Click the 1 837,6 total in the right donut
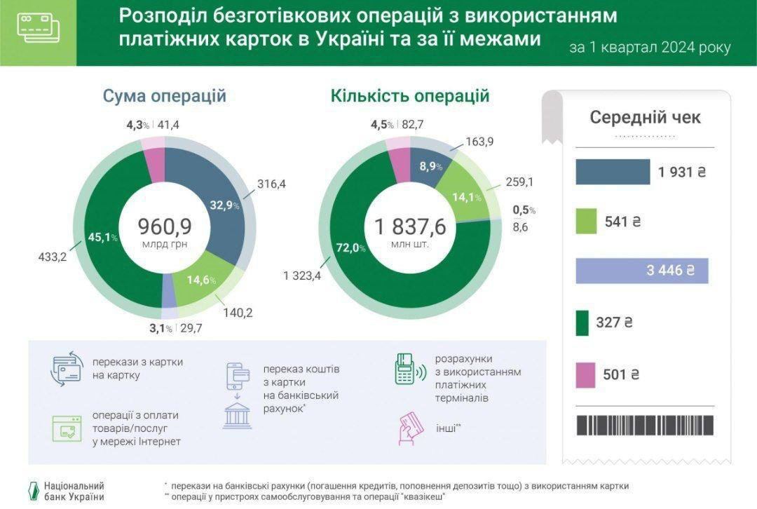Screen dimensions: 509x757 click(410, 226)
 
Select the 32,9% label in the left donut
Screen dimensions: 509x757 click(224, 205)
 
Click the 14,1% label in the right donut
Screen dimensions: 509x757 click(465, 197)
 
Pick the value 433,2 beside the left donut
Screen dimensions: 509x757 click(52, 257)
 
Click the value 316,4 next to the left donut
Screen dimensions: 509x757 click(272, 184)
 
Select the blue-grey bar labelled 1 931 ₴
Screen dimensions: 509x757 click(613, 172)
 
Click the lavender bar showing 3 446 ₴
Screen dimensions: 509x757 click(641, 271)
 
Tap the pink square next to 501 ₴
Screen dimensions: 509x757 click(586, 374)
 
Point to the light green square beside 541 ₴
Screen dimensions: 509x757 click(586, 222)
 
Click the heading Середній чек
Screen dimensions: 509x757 click(645, 117)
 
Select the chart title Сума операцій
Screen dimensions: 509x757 click(165, 96)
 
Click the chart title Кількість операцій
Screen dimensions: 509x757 click(410, 96)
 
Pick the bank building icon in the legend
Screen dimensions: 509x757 click(238, 416)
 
